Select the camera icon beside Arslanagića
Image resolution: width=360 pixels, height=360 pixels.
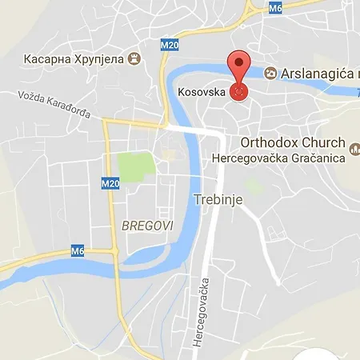click(x=272, y=73)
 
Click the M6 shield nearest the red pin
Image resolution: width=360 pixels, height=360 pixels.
click(x=276, y=8)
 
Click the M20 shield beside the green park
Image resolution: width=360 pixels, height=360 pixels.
click(x=110, y=183)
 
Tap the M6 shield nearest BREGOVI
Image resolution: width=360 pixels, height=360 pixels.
click(x=77, y=252)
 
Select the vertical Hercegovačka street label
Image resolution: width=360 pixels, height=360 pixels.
click(x=205, y=312)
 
